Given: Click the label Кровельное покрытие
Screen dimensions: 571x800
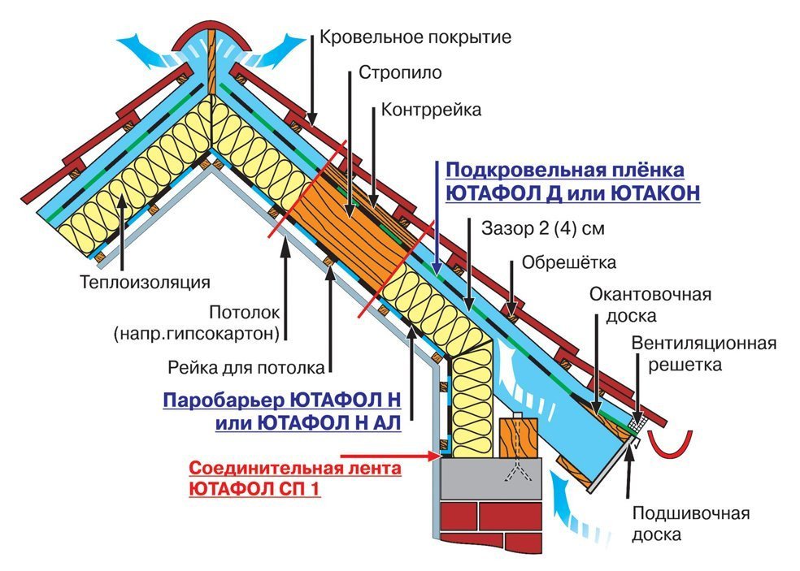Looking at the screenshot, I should [415, 37].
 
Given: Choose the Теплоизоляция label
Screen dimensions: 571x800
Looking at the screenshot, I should [145, 283].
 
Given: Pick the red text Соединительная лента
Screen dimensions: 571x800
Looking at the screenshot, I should [295, 469].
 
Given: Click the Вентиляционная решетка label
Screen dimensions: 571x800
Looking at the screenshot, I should [703, 354].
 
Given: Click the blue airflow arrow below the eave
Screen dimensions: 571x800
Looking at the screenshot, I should [564, 498].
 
